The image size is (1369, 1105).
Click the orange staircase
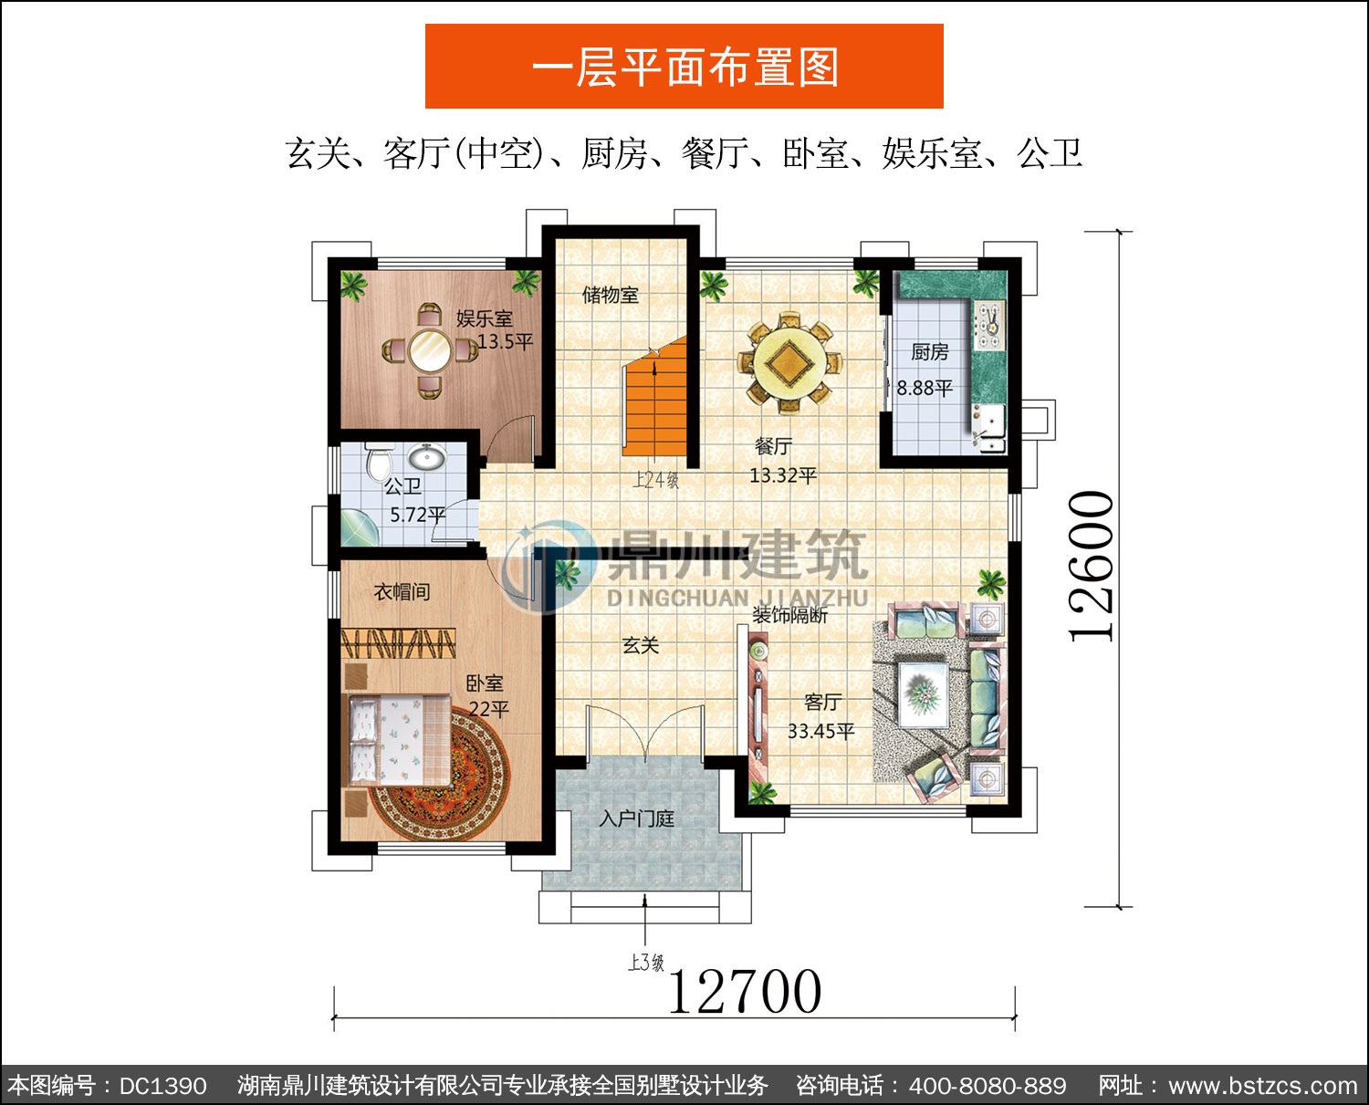point(654,399)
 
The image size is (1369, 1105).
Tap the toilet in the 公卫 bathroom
point(379,460)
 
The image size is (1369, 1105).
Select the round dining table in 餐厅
point(789,364)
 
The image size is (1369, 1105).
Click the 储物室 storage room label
point(610,295)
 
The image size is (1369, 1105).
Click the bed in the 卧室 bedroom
point(399,739)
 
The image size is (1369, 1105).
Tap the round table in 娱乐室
point(430,350)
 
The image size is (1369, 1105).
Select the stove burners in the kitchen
point(989,326)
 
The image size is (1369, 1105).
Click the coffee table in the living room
point(923,692)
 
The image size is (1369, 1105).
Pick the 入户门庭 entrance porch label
point(636,819)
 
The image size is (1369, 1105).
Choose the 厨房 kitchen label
point(929,352)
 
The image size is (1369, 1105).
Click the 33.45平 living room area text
point(820,731)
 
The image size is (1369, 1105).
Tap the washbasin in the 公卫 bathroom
point(427,457)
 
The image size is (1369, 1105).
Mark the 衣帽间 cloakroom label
point(402,591)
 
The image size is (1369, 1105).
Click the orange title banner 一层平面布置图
point(684,67)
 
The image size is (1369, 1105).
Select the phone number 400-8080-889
point(988,1086)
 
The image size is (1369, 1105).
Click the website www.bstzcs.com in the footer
point(1263,1086)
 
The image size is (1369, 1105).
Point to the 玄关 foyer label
point(640,645)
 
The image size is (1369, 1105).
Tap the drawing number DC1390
point(163,1086)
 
